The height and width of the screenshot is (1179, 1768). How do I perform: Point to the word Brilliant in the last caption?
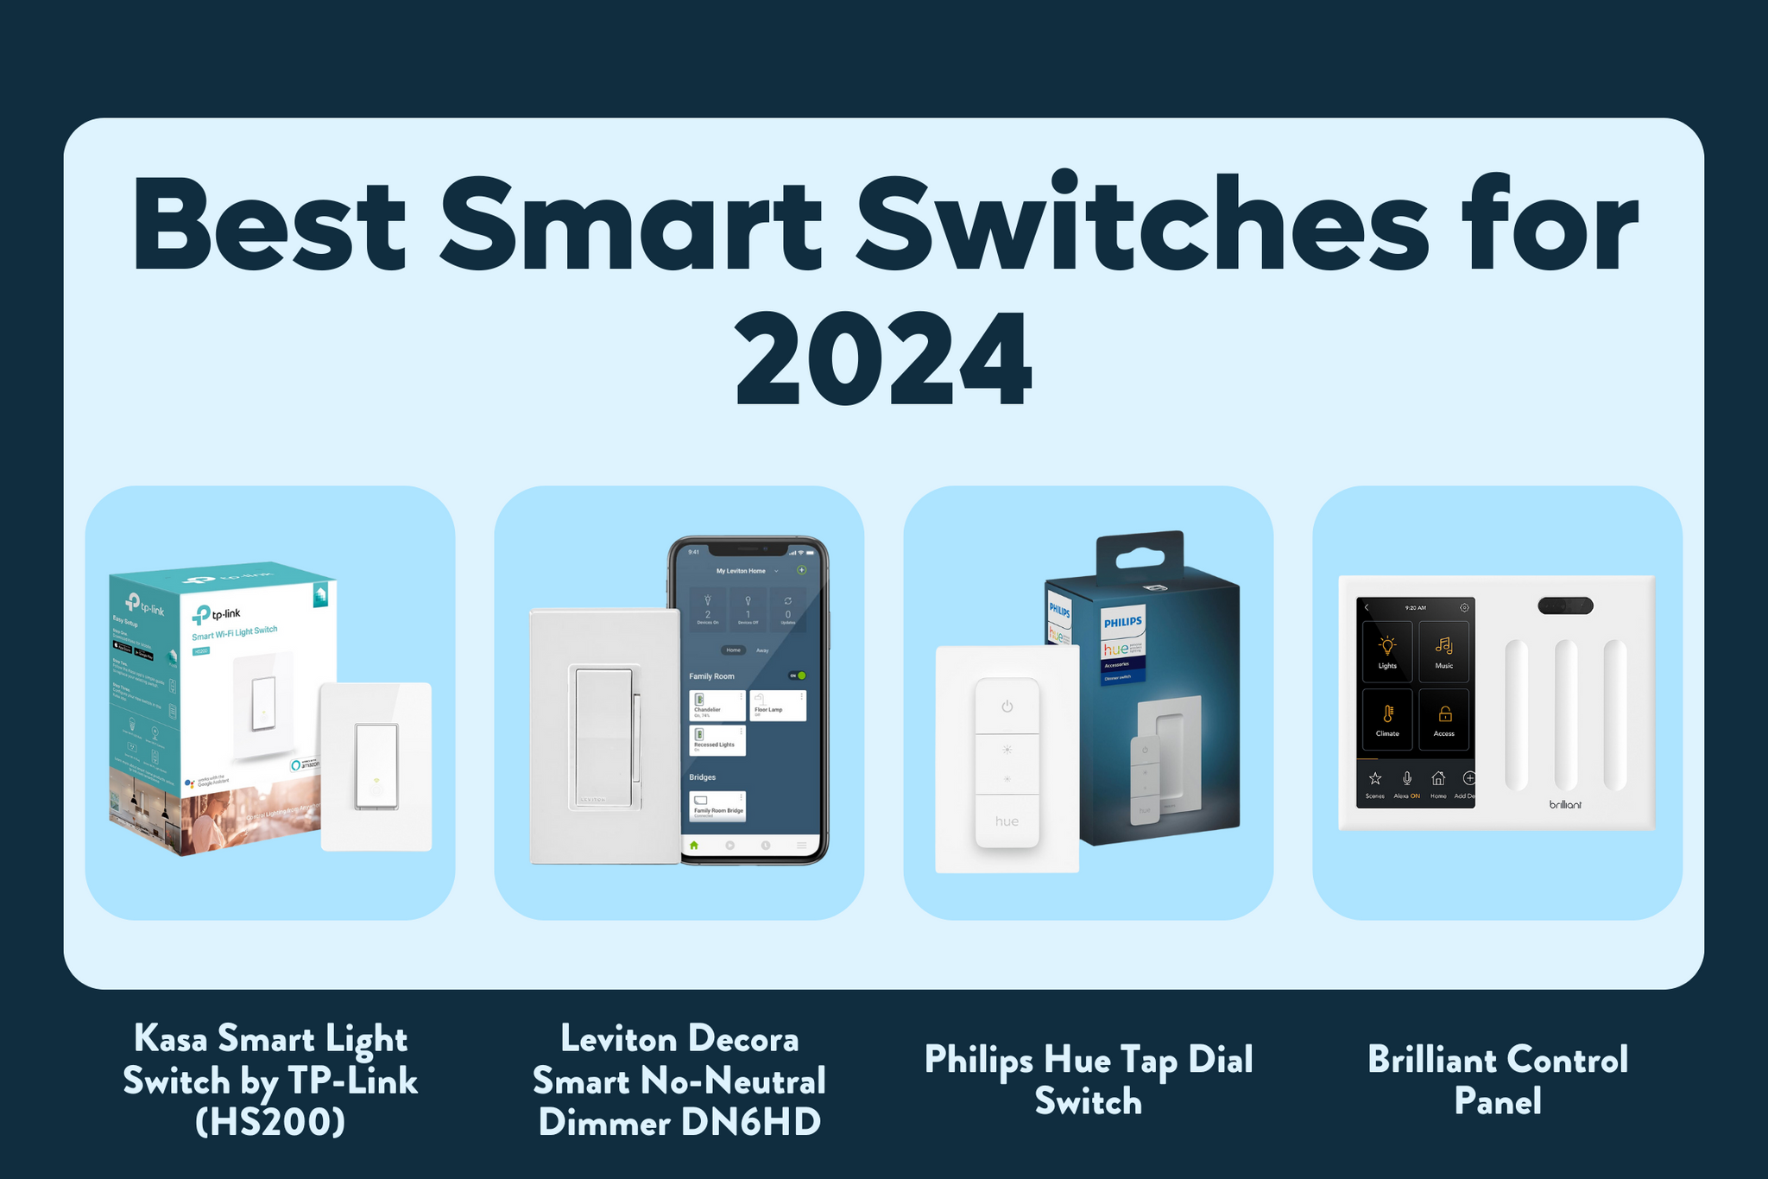point(1426,1060)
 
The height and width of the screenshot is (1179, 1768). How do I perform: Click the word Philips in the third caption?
point(978,1060)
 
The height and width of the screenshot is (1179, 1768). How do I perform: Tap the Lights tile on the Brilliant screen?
point(1387,652)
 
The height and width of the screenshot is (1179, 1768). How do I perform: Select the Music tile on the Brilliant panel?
point(1443,652)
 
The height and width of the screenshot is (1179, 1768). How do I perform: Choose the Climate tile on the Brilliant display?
point(1387,719)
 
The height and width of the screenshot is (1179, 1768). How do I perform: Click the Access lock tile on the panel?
point(1443,719)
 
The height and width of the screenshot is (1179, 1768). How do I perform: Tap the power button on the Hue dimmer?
point(1007,707)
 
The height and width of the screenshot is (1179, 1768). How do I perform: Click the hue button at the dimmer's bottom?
point(1007,821)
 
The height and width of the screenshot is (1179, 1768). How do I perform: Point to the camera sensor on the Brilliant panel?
point(1564,606)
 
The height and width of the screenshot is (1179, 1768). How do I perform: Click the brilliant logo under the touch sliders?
point(1564,805)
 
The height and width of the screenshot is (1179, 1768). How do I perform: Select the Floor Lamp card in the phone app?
point(778,706)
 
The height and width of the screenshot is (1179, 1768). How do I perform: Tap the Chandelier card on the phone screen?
point(717,706)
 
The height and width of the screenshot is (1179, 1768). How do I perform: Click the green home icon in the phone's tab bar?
point(694,845)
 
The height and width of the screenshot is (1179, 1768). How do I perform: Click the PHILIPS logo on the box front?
point(1122,621)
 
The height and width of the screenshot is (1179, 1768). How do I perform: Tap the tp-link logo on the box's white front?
point(217,614)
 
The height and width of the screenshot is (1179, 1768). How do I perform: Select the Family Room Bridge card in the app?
point(717,806)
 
